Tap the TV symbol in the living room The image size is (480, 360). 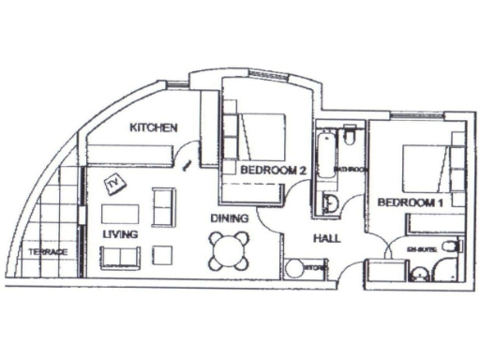[116, 183]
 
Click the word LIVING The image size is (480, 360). [120, 233]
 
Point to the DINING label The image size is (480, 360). [230, 218]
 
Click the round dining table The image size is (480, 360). [230, 249]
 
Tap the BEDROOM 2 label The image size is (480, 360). [274, 171]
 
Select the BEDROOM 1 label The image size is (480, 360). [410, 202]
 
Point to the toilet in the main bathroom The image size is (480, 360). [349, 141]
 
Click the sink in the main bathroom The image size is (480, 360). [330, 203]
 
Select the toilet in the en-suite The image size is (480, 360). [451, 247]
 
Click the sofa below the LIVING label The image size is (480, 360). [120, 257]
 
